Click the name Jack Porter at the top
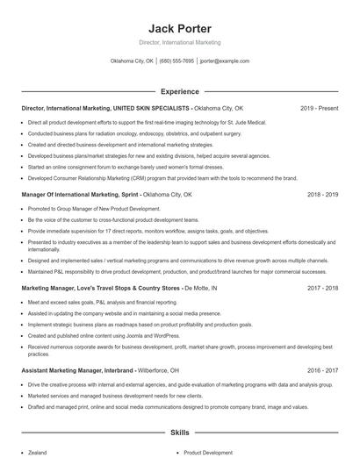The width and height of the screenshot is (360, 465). pos(180,28)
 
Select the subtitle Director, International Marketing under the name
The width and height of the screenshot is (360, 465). pos(180,43)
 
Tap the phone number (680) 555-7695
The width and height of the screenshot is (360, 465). pos(176,61)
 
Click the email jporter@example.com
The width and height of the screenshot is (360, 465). pos(225,61)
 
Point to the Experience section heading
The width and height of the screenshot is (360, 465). pos(179,90)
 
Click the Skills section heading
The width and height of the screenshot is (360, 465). pos(179,433)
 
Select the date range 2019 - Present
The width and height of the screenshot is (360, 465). pos(320,109)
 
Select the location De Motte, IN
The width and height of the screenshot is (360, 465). pos(201,288)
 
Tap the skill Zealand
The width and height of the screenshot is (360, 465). pos(38,453)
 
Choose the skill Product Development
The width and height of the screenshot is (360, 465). pos(208,453)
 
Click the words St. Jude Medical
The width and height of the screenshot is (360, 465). pos(221,123)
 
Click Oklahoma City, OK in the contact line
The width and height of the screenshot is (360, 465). pos(132,61)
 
